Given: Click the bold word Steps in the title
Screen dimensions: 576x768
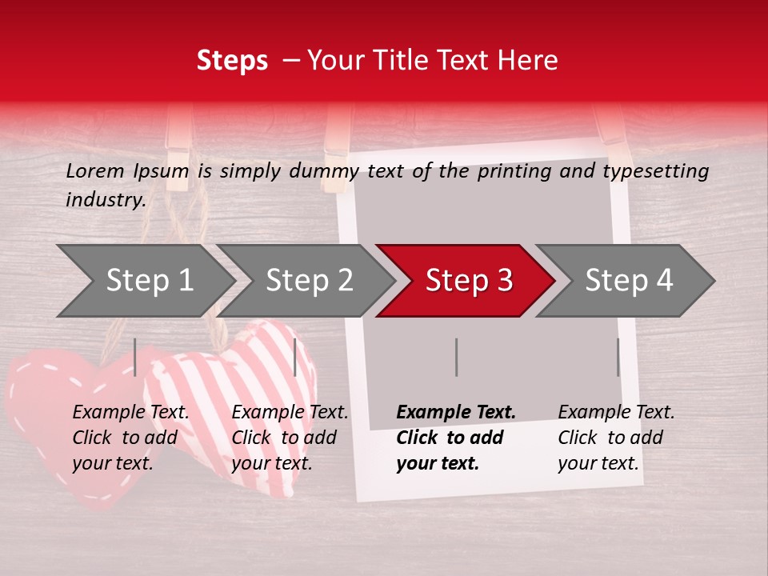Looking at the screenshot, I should (232, 61).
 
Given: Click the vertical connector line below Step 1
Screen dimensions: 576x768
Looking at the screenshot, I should (135, 357).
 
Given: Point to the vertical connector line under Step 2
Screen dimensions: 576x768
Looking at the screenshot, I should (295, 357).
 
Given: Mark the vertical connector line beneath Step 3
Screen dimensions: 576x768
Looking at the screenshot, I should (457, 357).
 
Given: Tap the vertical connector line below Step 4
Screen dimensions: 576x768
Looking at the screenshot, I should (618, 357).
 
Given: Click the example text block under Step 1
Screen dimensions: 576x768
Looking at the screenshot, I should (130, 438).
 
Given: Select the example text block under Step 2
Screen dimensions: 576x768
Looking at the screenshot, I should (290, 438).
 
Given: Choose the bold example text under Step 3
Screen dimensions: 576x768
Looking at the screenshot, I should (456, 438).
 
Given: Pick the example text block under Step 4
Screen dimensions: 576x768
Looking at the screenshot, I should (616, 438).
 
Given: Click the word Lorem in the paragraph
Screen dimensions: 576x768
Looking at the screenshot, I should (94, 171).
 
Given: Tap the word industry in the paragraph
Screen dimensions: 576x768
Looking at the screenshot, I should (104, 200).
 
